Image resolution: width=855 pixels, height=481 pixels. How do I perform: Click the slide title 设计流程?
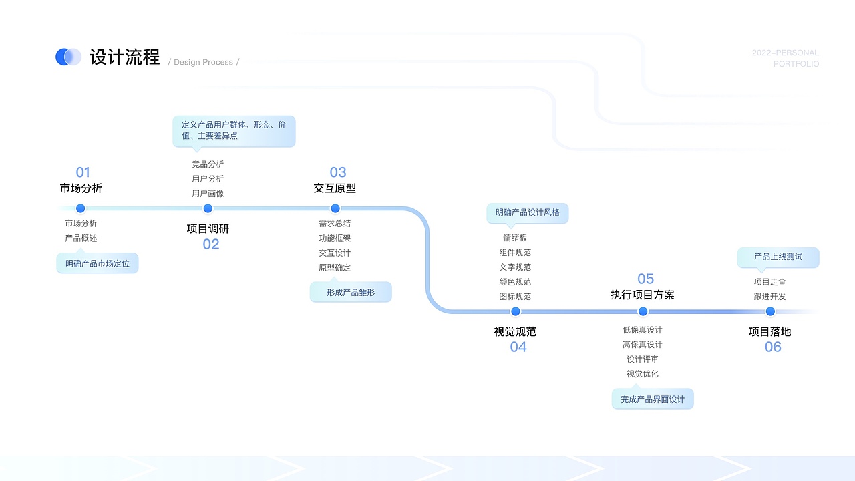pos(125,57)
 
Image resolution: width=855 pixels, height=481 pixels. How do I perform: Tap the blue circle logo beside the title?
pos(67,57)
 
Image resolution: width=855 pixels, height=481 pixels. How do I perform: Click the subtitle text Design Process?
pos(203,63)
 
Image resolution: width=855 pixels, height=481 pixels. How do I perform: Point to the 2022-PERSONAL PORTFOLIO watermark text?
pos(786,58)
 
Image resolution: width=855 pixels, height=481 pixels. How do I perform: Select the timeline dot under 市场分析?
pos(81,208)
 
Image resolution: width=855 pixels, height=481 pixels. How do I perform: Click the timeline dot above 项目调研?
pos(208,208)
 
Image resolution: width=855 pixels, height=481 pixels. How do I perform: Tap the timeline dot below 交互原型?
pos(335,208)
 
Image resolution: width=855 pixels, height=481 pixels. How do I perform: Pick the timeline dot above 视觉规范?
pos(515,311)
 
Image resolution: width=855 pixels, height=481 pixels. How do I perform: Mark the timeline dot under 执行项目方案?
pos(643,311)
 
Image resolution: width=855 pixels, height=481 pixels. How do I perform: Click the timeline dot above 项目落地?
pos(770,311)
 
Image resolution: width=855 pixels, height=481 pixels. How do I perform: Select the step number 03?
pos(338,172)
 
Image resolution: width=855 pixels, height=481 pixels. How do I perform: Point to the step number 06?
pos(773,347)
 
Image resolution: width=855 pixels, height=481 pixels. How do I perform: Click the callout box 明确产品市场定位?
pos(98,263)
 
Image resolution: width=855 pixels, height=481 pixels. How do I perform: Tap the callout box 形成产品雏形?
pos(351,292)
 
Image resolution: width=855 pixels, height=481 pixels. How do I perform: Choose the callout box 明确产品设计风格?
pos(528,213)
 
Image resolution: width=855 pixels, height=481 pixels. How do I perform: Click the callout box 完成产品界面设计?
pos(653,399)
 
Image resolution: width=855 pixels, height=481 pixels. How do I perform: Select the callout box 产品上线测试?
pos(778,257)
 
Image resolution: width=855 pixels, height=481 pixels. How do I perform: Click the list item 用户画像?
pos(208,194)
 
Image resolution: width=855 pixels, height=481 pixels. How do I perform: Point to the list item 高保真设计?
pos(643,345)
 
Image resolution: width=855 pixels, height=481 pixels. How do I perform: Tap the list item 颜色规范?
pos(515,282)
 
